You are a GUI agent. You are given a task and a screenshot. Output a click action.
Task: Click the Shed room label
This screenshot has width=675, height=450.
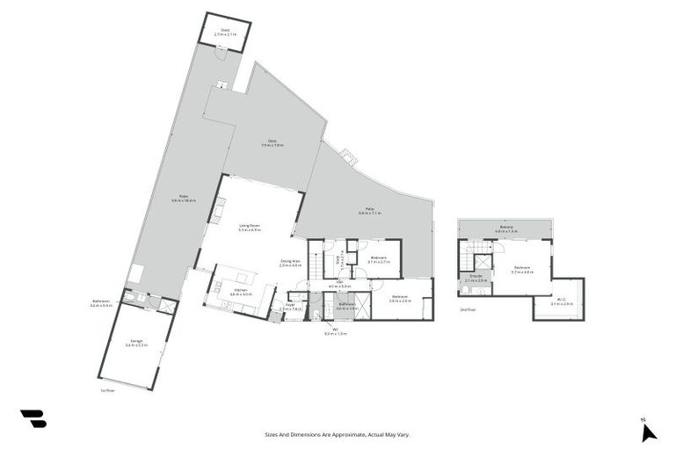(224, 33)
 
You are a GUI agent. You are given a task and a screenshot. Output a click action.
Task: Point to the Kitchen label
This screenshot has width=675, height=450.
(240, 293)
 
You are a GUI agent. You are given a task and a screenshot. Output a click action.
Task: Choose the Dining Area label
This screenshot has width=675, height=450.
(291, 263)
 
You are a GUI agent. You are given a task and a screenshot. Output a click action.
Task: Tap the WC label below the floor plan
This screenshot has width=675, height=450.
(336, 332)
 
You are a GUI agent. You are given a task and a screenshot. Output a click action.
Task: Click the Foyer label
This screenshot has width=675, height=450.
(290, 308)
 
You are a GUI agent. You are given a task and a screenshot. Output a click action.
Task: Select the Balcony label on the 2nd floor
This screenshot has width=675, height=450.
(506, 229)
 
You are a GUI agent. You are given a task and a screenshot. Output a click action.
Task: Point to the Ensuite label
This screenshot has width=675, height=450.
(475, 279)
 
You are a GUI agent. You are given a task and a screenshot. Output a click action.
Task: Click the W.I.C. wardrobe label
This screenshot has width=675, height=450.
(562, 302)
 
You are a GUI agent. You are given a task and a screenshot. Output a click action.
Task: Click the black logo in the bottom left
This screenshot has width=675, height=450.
(33, 418)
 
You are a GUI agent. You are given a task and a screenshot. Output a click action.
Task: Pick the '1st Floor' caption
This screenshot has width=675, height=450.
(107, 390)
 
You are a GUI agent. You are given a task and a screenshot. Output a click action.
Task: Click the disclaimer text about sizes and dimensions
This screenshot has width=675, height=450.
(337, 434)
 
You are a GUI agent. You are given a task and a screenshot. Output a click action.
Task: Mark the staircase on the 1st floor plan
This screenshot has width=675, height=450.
(316, 263)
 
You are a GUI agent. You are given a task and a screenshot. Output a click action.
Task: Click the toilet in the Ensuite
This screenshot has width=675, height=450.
(462, 287)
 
